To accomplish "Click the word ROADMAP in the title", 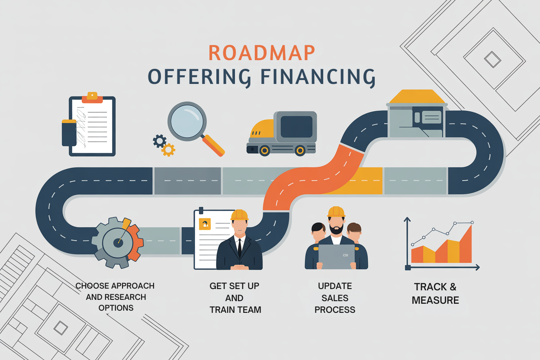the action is pos(261,52).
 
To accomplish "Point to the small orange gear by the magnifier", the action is pos(168,150).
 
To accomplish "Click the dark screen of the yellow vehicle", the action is pos(296,126).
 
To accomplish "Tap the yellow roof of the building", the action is pos(417,96).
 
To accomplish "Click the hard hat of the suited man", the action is pos(239,215).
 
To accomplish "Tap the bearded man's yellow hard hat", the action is pos(336,212).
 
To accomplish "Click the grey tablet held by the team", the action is pos(336,256).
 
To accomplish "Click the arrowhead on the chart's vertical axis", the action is pos(407,220).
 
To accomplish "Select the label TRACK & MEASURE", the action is pos(435,293).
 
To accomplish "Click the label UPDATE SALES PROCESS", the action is pos(335,298).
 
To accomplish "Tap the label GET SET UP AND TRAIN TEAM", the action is pos(235,298).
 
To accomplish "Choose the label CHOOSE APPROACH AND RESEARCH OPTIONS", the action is pos(116,297).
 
